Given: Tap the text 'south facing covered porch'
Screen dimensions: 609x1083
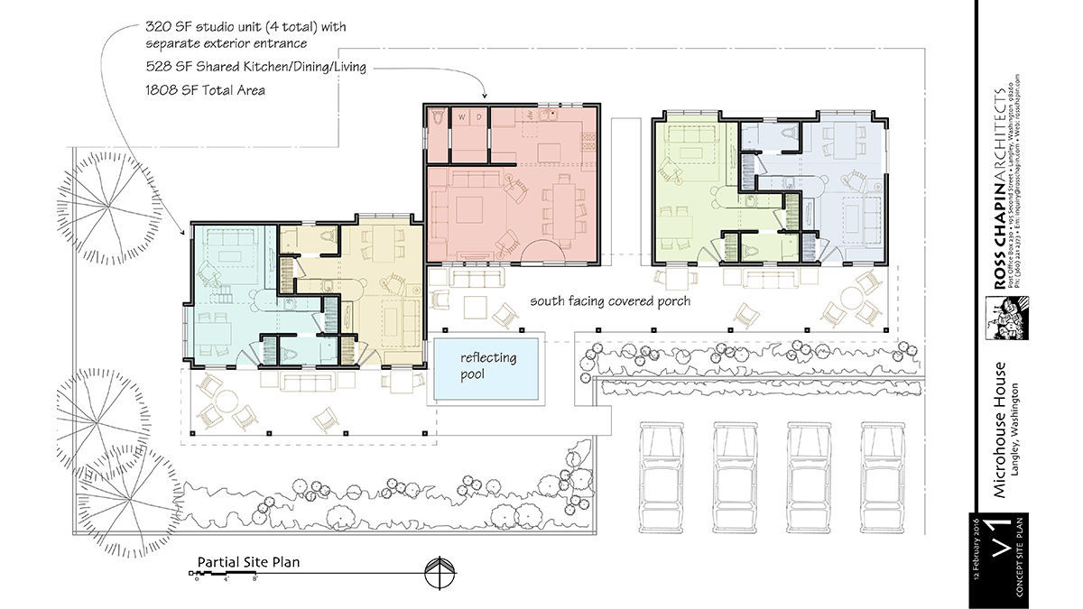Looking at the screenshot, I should click(x=609, y=301).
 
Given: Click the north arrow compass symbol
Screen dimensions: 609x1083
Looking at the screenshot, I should click(x=438, y=569).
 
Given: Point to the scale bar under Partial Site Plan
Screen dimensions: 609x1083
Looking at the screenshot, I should click(x=226, y=574).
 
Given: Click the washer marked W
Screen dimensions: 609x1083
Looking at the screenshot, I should click(x=461, y=117).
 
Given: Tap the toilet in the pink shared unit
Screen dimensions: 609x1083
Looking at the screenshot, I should click(x=439, y=118).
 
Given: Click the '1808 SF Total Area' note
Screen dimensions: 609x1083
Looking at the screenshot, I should click(x=205, y=91).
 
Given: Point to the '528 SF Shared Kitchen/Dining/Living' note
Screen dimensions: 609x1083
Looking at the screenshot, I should click(x=255, y=68).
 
